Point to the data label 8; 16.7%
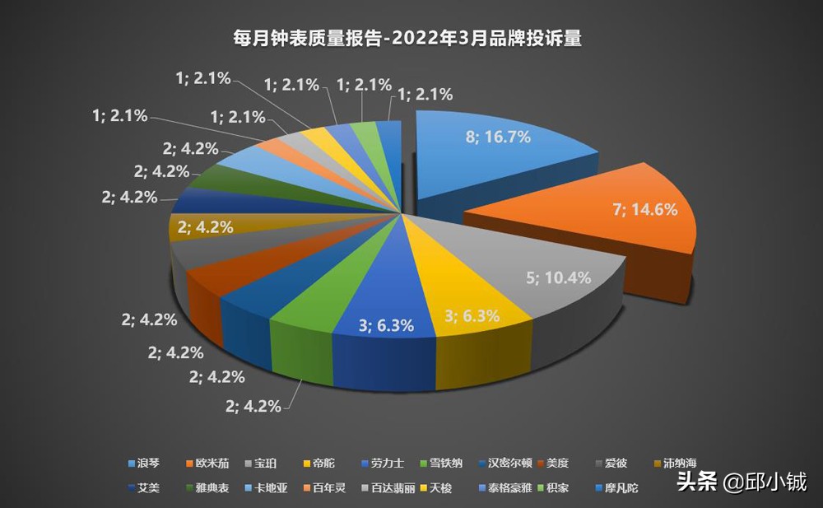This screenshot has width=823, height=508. pos(498,137)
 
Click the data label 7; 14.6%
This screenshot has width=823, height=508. pos(645,210)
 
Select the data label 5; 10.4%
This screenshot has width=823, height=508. pos(558,277)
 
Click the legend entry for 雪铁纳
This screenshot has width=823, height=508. pos(446,464)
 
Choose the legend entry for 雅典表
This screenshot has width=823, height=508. pos(211,487)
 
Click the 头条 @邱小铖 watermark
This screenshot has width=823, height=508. pos(741,481)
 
